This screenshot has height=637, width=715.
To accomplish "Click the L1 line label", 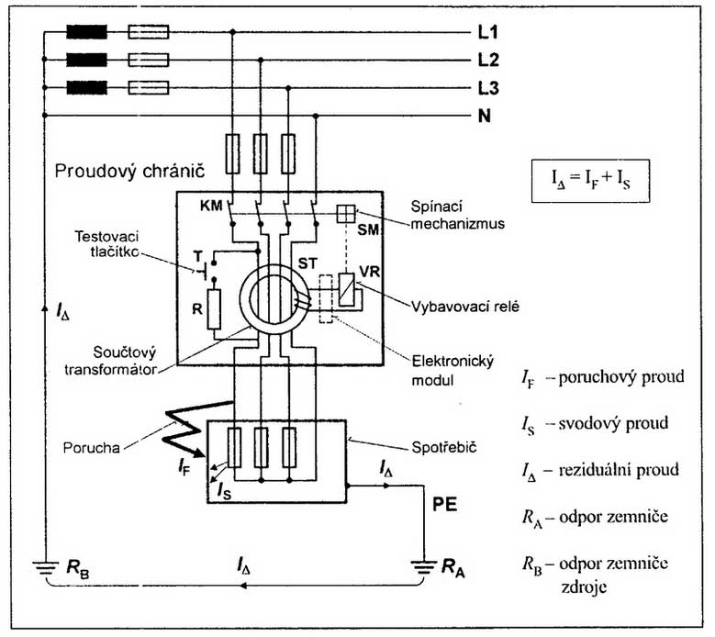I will pyautogui.click(x=488, y=33).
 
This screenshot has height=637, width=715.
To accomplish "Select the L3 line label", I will pyautogui.click(x=488, y=89).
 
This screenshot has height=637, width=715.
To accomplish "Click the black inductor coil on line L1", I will pyautogui.click(x=85, y=33).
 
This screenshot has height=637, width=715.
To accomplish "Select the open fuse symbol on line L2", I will pyautogui.click(x=147, y=61).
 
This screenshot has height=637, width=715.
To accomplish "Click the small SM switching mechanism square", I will pyautogui.click(x=345, y=212).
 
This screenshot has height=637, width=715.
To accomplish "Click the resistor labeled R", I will pyautogui.click(x=214, y=308).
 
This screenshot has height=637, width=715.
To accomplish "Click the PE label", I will pyautogui.click(x=446, y=505).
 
